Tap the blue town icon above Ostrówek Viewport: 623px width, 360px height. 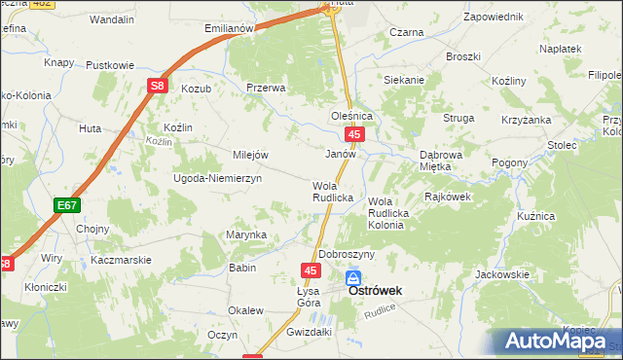tap(352, 278)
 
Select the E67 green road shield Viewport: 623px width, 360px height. tap(66, 205)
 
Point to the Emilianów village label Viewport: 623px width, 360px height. tap(229, 28)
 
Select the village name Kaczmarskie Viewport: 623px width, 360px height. tap(121, 261)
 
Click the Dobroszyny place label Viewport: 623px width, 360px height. tap(347, 254)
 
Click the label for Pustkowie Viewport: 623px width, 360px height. tap(110, 65)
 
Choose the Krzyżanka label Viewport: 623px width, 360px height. tap(526, 118)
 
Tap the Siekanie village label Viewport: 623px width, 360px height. tap(404, 80)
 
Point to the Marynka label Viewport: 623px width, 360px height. tap(246, 234)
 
